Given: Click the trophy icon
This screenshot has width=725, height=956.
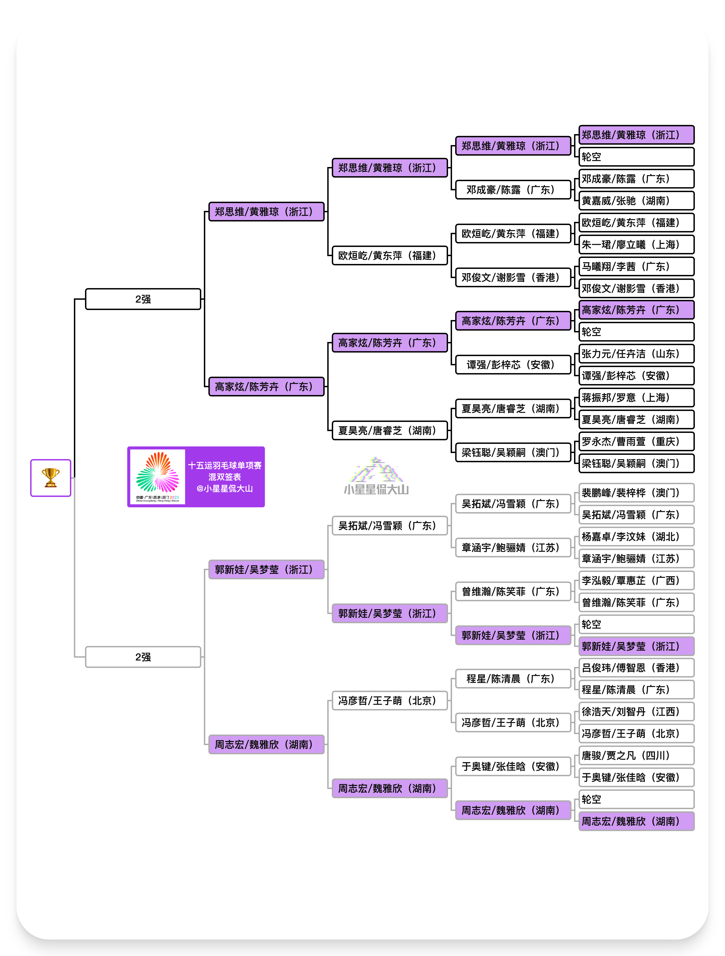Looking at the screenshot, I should pos(51,478).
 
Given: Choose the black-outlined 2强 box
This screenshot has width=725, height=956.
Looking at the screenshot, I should pos(143,299).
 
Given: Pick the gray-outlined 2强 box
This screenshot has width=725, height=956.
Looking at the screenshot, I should pos(143,657).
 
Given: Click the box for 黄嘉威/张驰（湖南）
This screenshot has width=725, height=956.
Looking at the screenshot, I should pos(636,200).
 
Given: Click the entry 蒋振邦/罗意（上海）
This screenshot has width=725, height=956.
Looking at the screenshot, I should pos(636,398).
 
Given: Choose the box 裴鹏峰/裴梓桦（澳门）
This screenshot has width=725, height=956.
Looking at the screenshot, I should pos(636,493).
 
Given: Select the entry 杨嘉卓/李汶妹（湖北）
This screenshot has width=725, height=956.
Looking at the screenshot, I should pos(636,537).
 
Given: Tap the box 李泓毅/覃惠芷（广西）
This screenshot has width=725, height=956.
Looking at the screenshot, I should pos(636,580).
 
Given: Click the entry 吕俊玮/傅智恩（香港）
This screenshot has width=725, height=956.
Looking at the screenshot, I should pos(636,668).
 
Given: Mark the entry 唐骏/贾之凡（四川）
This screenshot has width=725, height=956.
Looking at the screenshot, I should pos(636,756).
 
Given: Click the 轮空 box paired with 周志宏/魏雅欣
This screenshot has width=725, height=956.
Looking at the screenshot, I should pos(636,799).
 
